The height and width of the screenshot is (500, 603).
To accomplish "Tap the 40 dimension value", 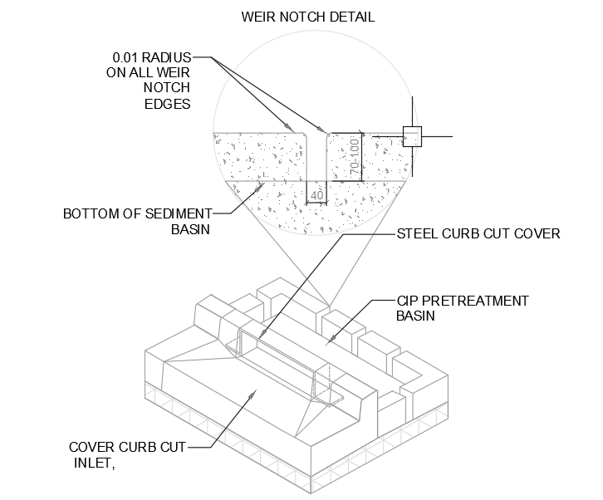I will [316, 196].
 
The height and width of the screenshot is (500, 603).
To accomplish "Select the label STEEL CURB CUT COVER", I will [478, 233].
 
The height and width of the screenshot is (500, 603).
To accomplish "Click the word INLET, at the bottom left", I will [89, 463].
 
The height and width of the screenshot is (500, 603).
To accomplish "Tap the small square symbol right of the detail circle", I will [413, 135].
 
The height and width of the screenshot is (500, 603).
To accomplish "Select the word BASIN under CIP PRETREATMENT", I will [415, 316].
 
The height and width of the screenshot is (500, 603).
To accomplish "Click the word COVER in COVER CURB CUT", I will [86, 448].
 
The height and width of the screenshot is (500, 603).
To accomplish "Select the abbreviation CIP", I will [407, 300].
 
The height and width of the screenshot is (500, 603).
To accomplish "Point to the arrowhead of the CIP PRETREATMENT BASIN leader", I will [330, 341].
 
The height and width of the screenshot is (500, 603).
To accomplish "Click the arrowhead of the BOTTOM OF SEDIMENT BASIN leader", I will [267, 184].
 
